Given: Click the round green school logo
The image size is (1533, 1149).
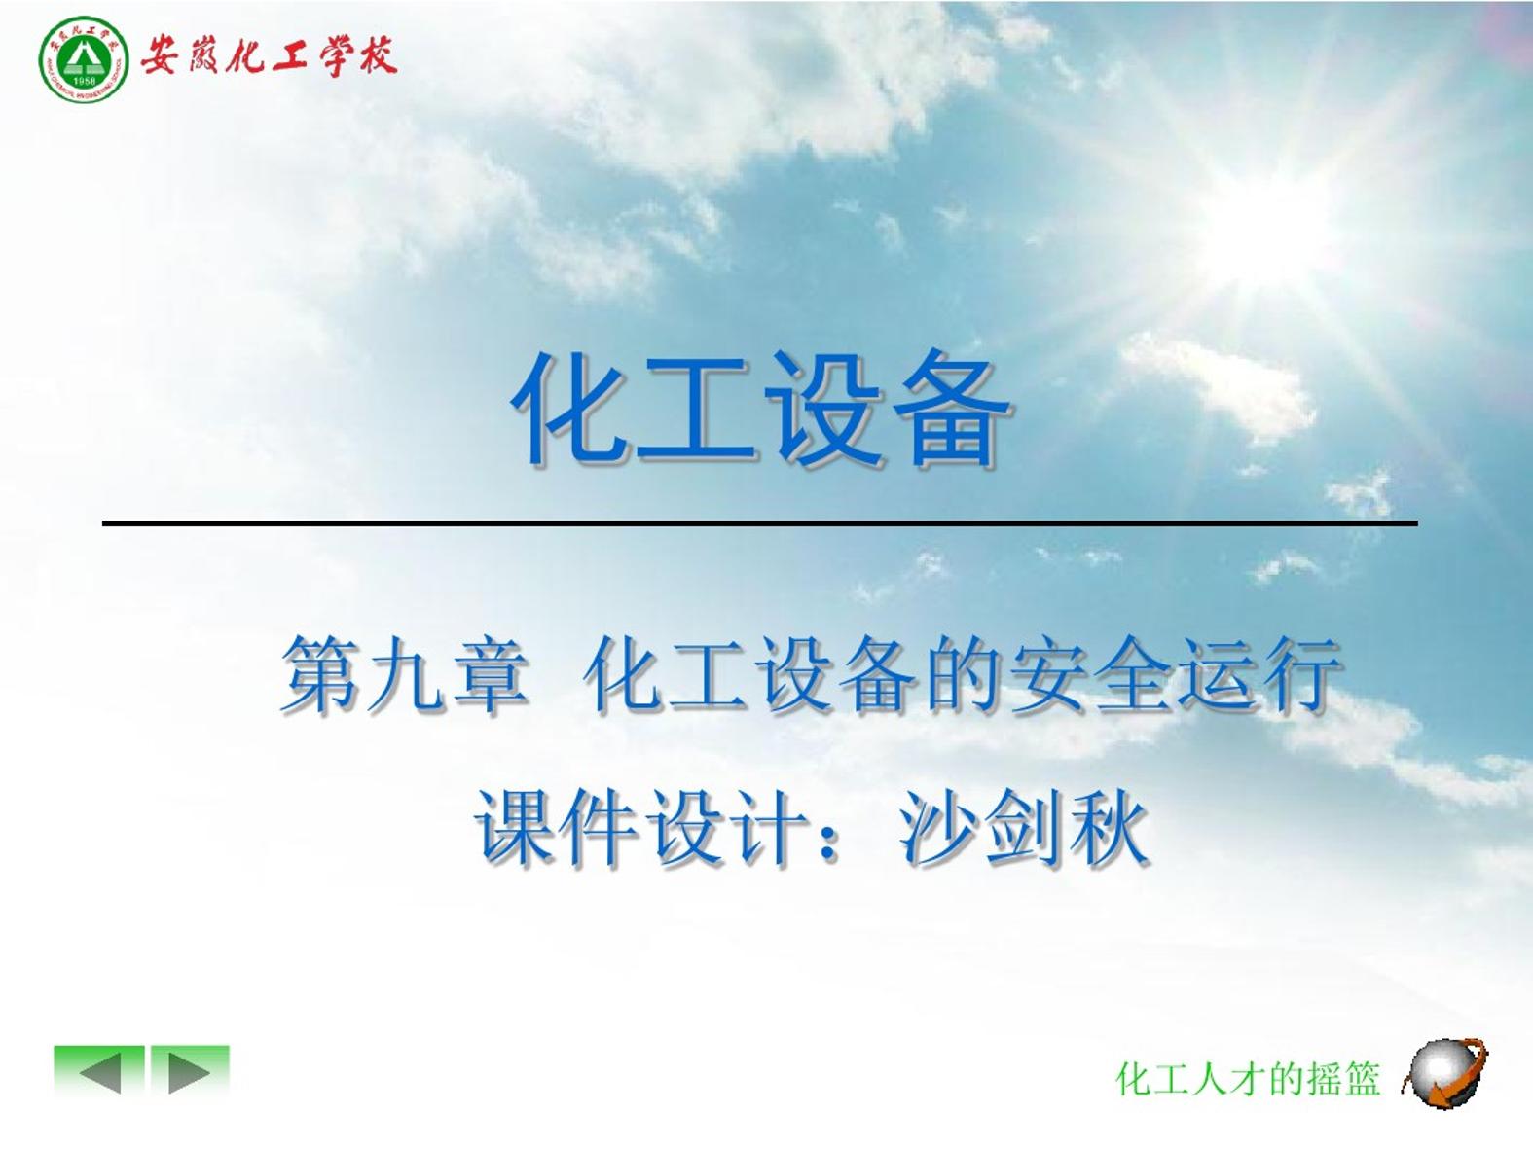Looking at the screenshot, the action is [84, 60].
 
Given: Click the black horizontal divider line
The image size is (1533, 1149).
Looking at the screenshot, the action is [760, 522].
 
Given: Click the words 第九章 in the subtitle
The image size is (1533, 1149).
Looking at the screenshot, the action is [404, 675].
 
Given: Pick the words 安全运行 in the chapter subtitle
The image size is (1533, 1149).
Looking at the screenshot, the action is [1176, 675].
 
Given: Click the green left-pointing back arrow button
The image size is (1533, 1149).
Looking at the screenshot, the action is [99, 1070].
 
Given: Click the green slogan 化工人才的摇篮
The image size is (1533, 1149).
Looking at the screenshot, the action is [1248, 1079].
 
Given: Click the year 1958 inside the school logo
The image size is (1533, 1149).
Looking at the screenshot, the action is [84, 82].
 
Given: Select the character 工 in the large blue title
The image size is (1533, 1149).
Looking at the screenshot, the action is [697, 412].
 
